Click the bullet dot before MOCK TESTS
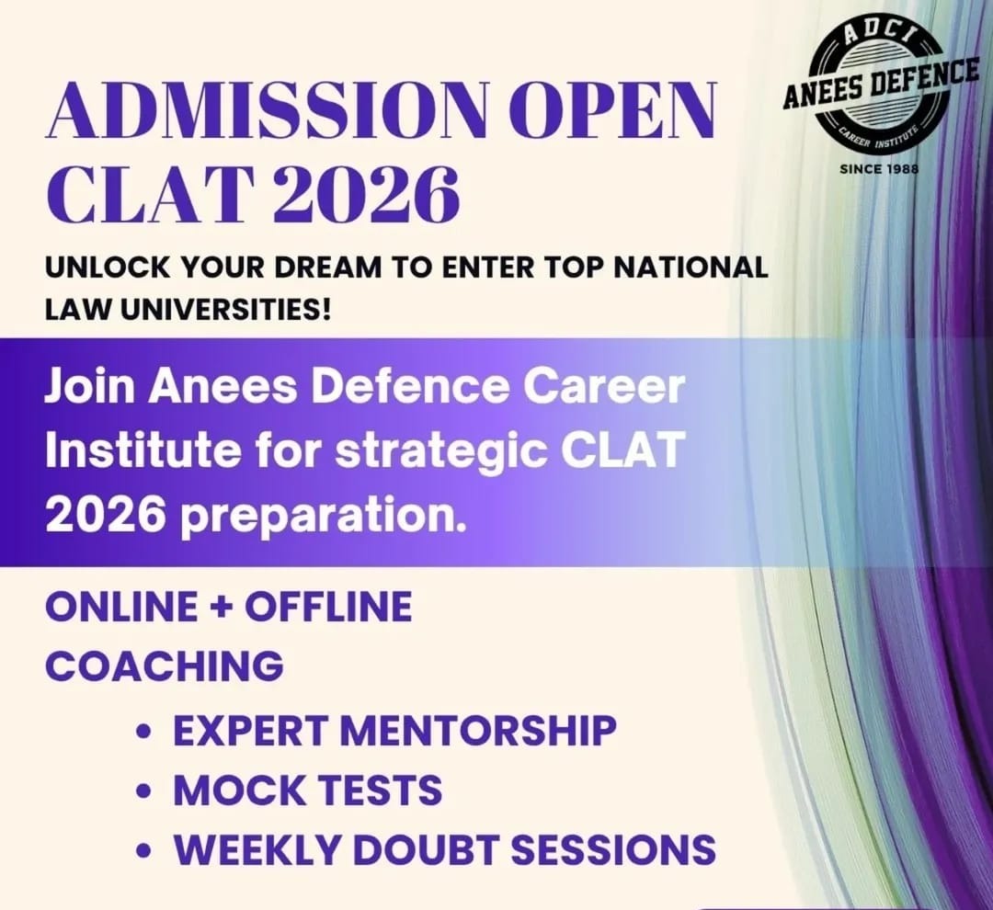145,791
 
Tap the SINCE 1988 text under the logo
879,169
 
